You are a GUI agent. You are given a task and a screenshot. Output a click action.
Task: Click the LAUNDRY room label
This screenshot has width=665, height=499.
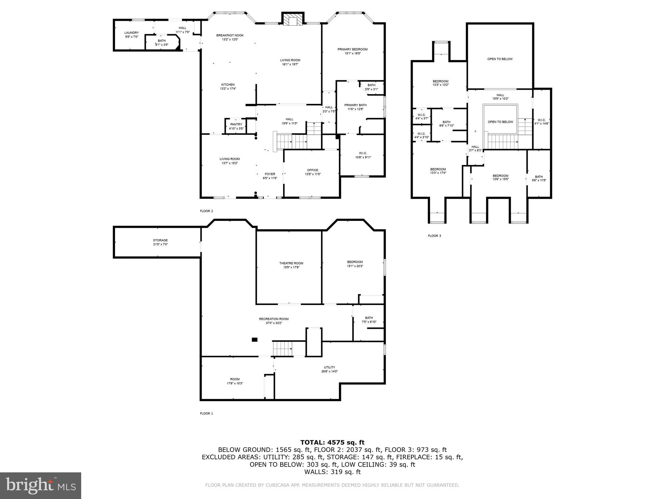(132, 33)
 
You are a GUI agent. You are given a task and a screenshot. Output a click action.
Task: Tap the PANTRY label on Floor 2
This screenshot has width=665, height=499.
(236, 124)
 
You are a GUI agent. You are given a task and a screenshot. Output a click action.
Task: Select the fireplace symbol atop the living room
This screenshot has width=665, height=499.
(293, 20)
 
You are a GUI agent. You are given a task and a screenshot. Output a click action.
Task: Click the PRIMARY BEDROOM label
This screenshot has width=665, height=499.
(352, 49)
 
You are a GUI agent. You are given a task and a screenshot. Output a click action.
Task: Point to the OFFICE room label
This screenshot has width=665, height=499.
(312, 170)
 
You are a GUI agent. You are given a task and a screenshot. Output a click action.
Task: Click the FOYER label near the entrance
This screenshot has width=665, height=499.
(270, 174)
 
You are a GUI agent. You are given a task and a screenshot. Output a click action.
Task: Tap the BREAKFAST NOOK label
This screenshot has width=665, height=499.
(230, 35)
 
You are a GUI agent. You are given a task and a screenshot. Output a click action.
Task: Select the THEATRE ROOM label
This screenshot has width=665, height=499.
(291, 263)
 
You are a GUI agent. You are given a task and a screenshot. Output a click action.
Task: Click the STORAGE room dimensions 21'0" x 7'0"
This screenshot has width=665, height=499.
(160, 244)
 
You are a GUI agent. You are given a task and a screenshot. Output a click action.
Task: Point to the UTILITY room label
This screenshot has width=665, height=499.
(329, 367)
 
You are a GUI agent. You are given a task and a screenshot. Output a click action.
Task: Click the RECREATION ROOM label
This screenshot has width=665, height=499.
(273, 319)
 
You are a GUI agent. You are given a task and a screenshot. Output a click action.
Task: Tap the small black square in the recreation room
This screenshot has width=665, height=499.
(255, 340)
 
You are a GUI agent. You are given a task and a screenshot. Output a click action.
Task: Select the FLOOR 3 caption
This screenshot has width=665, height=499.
(434, 236)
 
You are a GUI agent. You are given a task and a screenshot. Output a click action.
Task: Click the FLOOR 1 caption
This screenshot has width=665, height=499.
(206, 414)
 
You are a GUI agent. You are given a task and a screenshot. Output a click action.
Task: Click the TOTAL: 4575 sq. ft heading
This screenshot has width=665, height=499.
(332, 442)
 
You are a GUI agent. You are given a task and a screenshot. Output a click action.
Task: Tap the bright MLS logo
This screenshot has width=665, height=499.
(41, 485)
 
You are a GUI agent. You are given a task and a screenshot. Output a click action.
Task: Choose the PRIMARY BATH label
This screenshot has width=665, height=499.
(355, 105)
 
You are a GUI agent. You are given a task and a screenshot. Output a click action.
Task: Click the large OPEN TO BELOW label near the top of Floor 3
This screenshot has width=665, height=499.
(500, 59)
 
